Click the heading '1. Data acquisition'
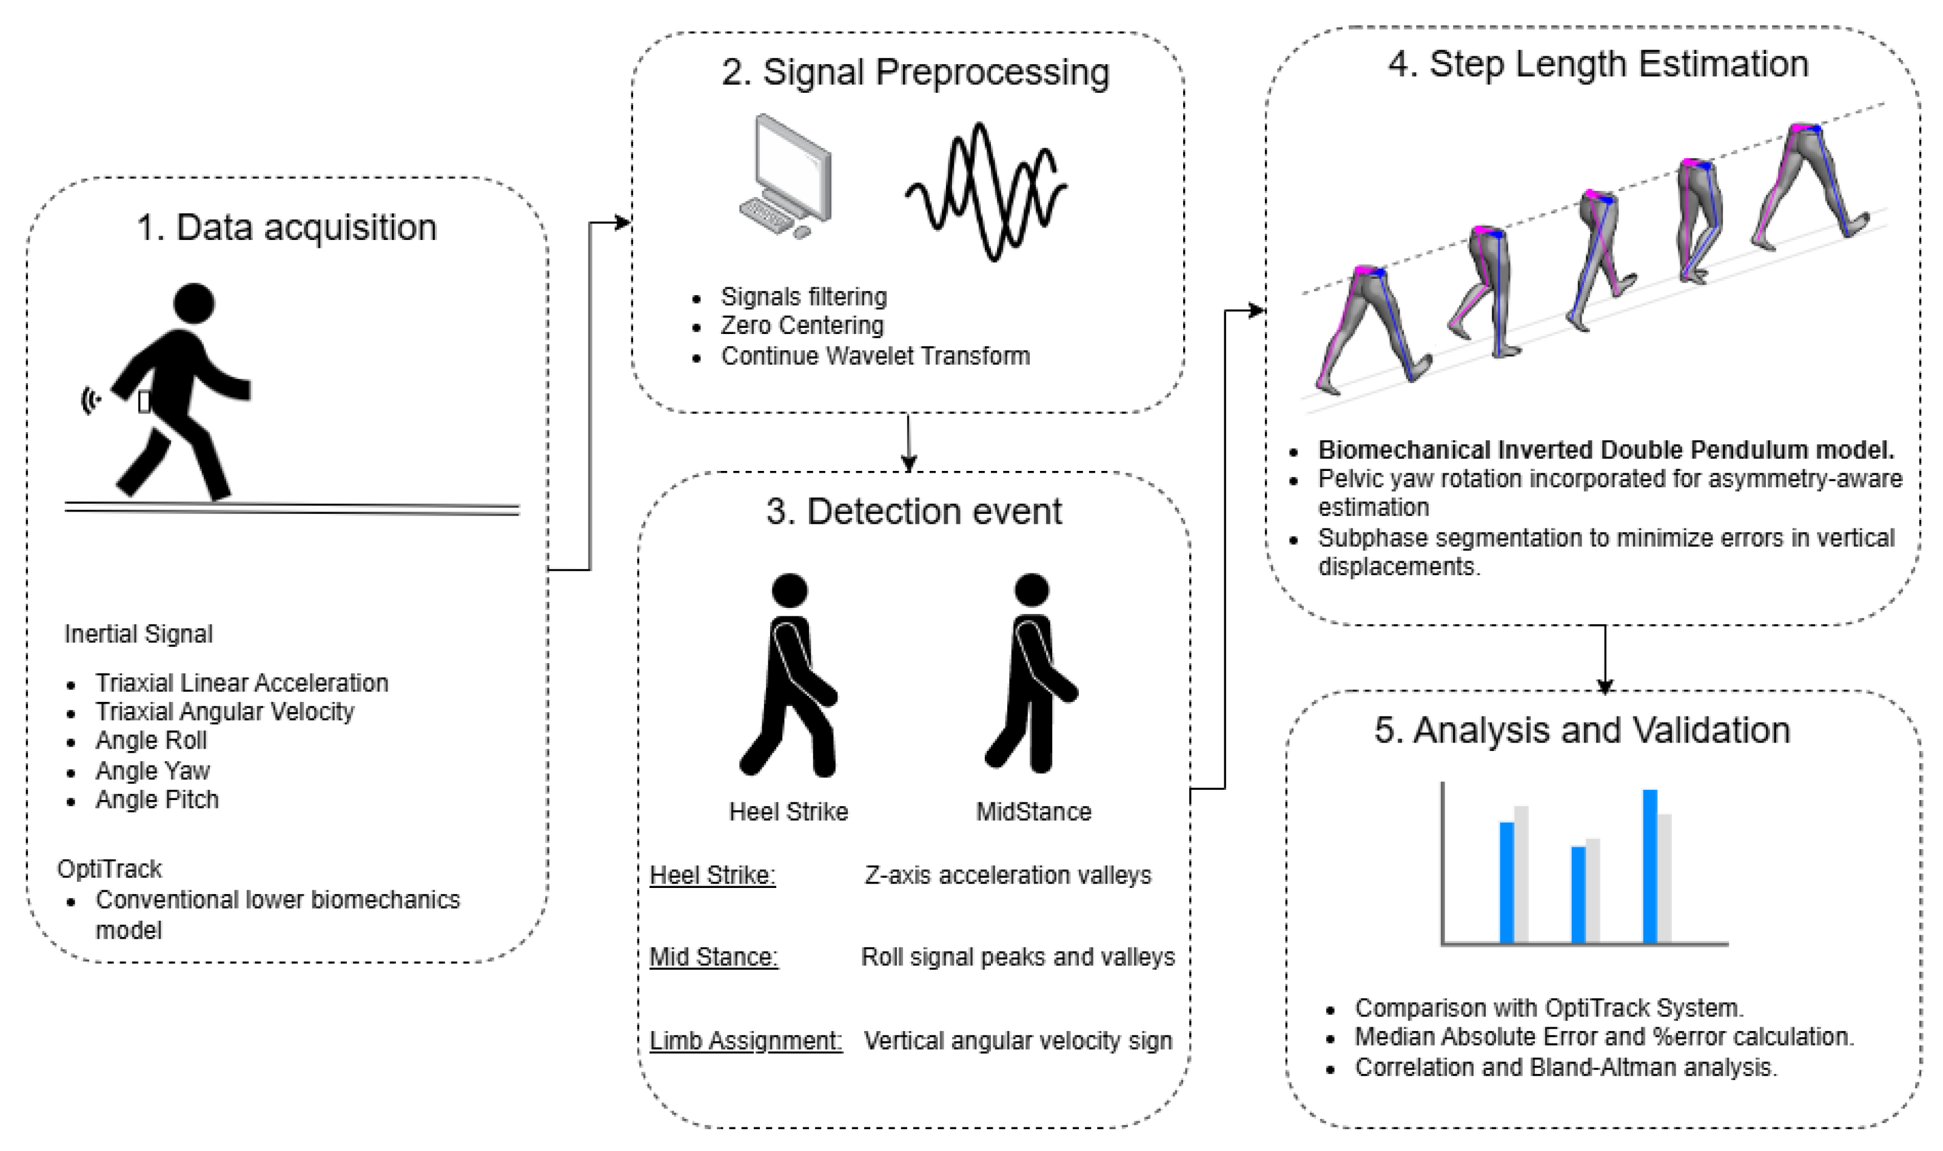(x=286, y=228)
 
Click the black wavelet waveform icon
(x=986, y=190)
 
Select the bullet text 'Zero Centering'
(x=802, y=325)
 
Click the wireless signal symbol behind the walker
(x=92, y=400)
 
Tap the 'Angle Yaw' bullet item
(x=152, y=771)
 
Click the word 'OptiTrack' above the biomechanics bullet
(x=109, y=869)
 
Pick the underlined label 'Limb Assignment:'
(x=746, y=1040)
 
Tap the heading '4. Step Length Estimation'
(x=1599, y=64)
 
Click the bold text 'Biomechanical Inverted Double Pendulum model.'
(x=1606, y=450)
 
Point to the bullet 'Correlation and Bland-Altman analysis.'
(x=1566, y=1067)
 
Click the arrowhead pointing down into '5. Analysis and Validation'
(x=1604, y=686)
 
